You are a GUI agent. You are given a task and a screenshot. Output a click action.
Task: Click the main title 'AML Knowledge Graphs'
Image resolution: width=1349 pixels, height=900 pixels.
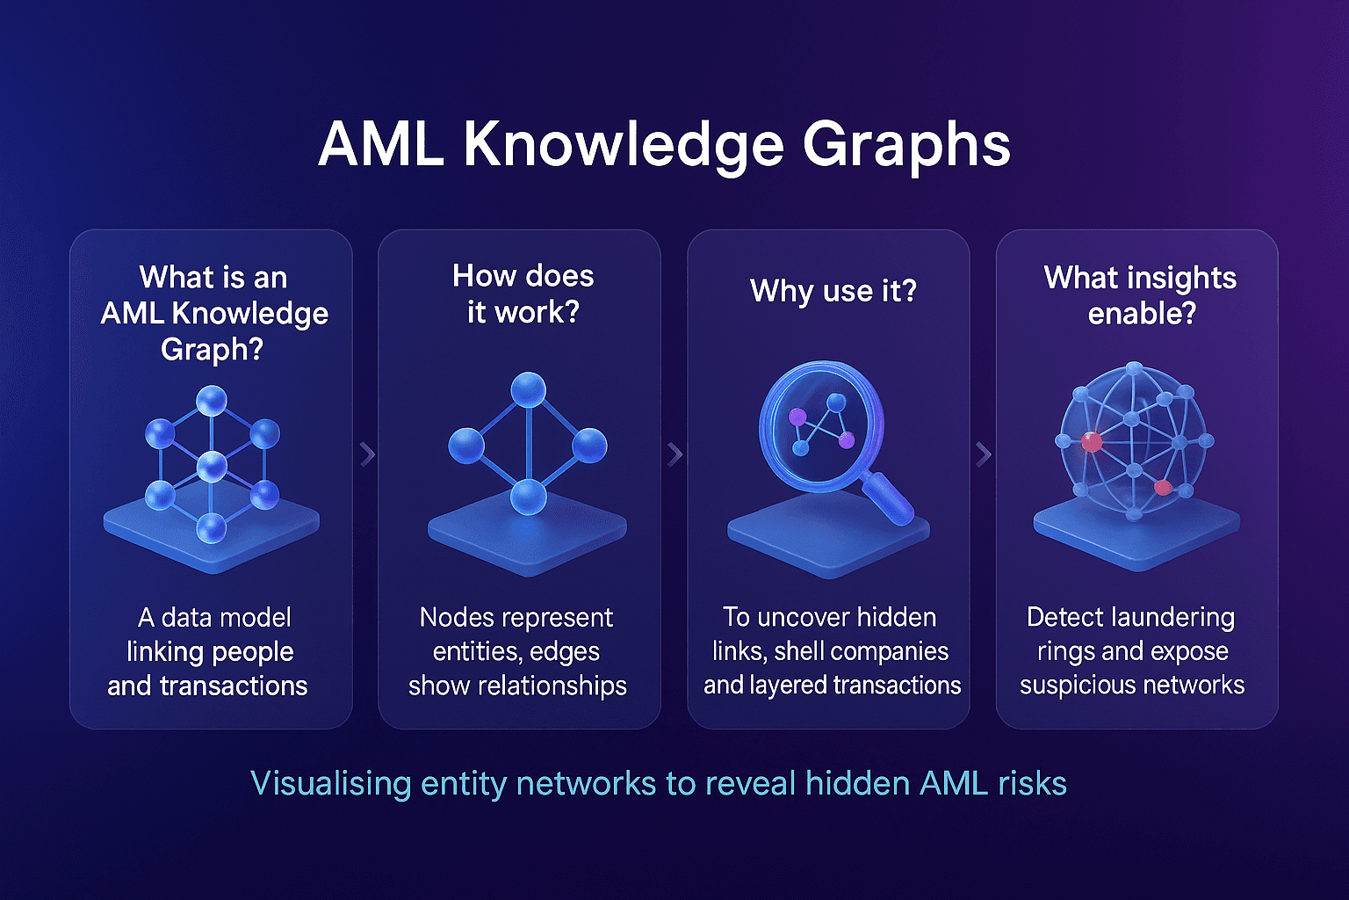664,144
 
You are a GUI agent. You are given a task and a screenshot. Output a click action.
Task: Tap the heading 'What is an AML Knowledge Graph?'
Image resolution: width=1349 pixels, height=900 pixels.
213,313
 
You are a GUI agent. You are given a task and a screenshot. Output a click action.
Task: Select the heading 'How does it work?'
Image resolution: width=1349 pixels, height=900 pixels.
523,294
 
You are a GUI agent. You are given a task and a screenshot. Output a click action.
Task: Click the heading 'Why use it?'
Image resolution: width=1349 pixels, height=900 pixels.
833,291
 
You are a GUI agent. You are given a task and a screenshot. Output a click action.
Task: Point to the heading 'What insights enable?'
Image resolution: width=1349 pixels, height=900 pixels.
1140,295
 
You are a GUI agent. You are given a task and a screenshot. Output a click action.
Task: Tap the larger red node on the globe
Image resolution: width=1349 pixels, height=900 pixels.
1092,442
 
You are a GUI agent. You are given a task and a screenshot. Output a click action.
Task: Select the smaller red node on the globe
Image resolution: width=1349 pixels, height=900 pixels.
1162,487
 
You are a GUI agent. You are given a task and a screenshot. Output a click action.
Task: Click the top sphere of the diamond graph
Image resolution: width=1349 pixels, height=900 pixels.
528,390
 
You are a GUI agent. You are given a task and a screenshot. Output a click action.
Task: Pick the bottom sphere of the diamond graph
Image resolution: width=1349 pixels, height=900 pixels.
528,497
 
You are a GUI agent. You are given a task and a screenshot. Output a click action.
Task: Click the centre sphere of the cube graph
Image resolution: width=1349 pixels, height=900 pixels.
212,466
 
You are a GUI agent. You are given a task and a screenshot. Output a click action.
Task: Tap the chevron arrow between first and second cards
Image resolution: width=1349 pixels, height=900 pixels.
367,454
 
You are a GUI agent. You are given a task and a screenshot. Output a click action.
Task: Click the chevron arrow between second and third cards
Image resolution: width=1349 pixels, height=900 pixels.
674,454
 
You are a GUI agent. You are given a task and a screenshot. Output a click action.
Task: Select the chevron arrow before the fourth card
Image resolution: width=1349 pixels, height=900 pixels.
984,454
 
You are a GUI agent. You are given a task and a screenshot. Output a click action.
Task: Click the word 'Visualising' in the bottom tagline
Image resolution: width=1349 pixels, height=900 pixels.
330,783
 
